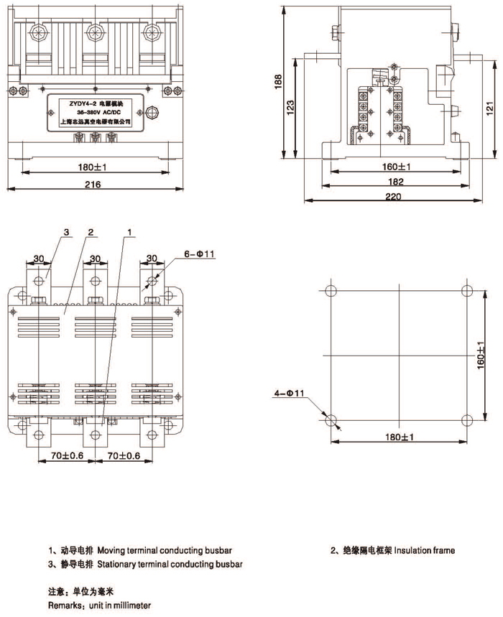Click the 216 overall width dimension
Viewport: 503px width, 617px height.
coord(92,184)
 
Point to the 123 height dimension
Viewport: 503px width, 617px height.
coord(290,108)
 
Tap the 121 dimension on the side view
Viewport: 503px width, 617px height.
coord(488,107)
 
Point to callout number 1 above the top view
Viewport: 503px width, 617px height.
coord(129,232)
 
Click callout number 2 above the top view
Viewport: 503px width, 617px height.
coord(91,232)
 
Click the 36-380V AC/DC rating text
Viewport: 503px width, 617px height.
coord(92,112)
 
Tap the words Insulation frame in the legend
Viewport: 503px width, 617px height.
coord(425,551)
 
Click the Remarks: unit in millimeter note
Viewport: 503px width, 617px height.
coord(100,606)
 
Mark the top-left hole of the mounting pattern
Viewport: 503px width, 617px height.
coord(331,291)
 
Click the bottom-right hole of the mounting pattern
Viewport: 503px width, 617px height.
coord(467,419)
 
